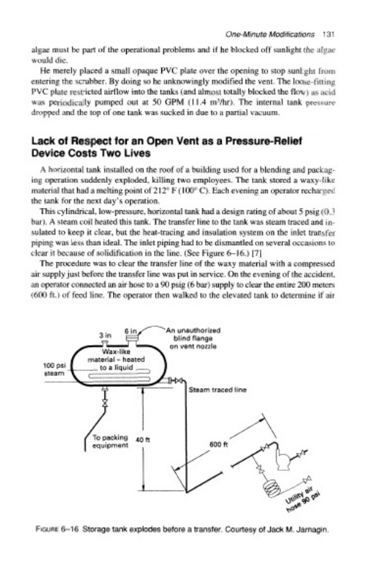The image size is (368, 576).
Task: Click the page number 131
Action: [x=328, y=34]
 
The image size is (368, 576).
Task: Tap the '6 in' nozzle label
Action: [x=130, y=331]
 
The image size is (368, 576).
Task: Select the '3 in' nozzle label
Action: [x=105, y=336]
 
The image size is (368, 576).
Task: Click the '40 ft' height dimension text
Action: [x=142, y=439]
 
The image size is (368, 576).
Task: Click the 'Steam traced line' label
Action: [x=217, y=390]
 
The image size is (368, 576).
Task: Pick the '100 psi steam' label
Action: [x=54, y=369]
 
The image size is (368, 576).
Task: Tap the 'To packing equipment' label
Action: [x=110, y=441]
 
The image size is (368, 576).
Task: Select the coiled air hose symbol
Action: [x=271, y=488]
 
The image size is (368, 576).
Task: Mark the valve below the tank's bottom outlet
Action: [x=105, y=402]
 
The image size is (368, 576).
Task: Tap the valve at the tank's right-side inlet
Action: [x=178, y=381]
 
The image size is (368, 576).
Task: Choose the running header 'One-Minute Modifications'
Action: [x=270, y=34]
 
